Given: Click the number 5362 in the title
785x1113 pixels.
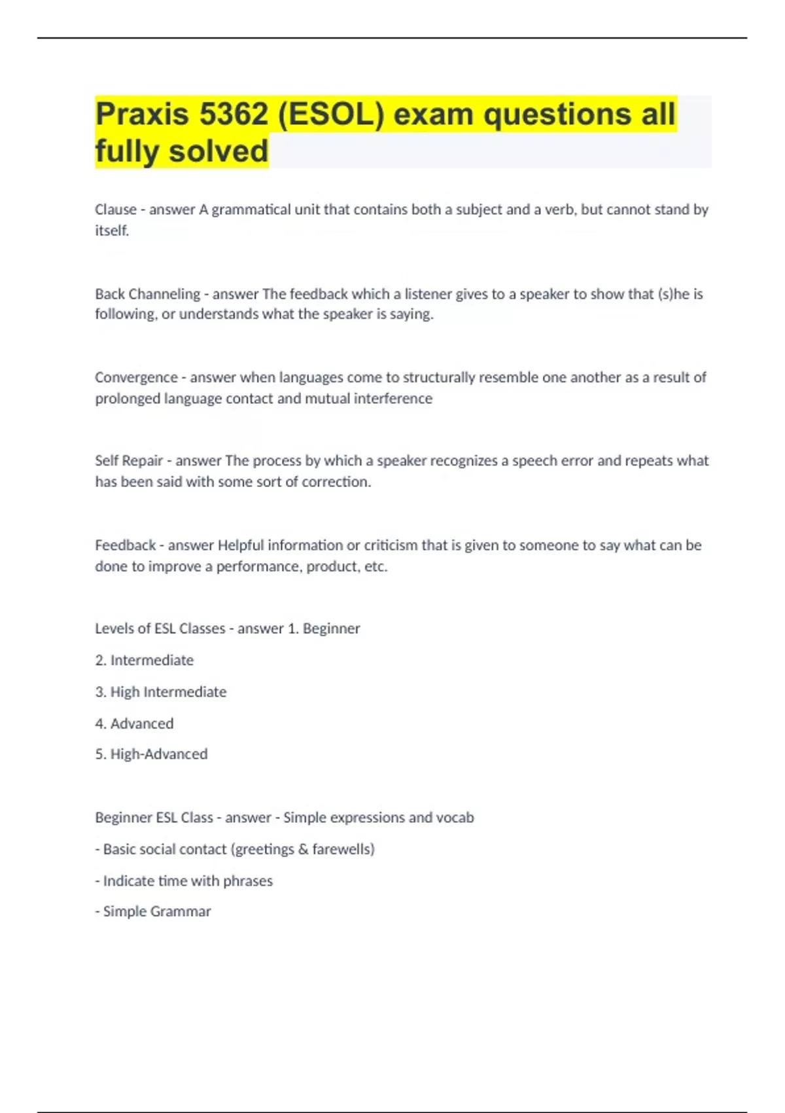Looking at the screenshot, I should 234,115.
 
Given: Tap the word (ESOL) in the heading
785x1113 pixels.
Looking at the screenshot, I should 331,115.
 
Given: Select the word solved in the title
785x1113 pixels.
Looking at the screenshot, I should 218,151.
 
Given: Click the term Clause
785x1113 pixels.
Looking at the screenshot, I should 116,210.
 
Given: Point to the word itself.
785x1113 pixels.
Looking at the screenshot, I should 112,230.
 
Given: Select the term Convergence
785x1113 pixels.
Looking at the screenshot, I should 136,378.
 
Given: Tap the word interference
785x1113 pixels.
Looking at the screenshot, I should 393,399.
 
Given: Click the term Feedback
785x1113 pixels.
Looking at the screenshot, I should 125,545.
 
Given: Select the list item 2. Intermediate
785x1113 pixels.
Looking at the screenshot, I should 145,661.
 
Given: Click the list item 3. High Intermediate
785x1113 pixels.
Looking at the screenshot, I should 161,692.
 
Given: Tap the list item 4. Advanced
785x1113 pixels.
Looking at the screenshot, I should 134,723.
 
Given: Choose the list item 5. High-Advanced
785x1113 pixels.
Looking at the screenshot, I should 151,754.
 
